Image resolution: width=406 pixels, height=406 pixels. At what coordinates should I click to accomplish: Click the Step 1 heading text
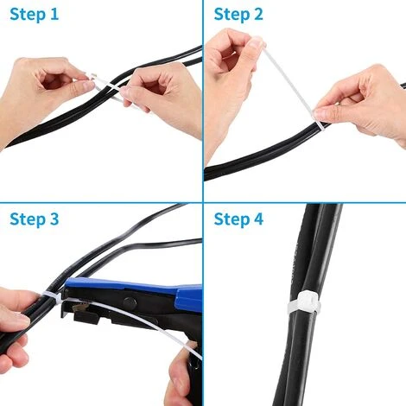[35, 15]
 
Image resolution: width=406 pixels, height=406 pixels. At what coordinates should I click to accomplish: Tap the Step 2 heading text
[238, 15]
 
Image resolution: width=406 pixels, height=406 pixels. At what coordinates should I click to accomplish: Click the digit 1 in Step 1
[54, 15]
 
